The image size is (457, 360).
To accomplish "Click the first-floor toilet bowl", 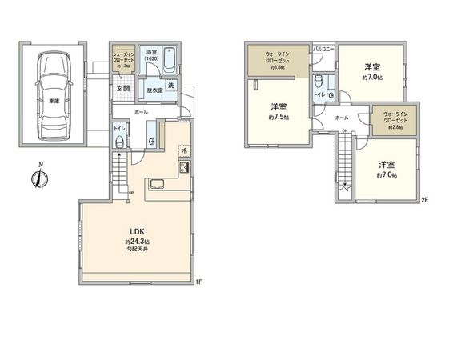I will point(119,142).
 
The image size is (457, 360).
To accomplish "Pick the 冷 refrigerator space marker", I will point(183,150).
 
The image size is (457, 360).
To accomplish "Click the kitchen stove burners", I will point(183,168).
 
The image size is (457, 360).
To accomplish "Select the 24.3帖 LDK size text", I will point(137,242).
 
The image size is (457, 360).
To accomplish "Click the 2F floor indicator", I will point(426,200).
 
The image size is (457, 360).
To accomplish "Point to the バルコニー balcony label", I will point(323,49).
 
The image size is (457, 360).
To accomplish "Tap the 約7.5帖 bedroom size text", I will point(279,117).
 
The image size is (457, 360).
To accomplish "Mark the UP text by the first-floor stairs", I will point(130,192).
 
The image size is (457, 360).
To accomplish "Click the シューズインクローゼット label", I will point(124,58).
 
